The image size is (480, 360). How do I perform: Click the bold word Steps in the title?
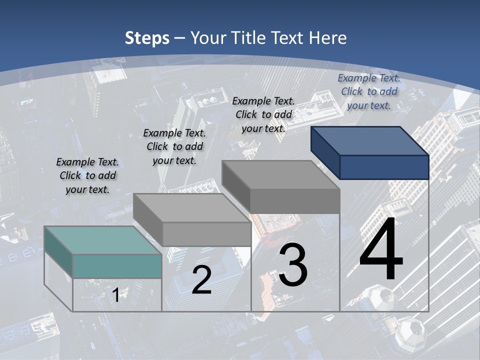[x=147, y=38]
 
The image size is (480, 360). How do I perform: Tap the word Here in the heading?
[x=327, y=38]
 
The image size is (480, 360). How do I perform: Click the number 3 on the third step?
[x=293, y=265]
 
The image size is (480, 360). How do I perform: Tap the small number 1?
[x=115, y=295]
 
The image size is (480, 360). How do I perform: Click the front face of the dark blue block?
[x=384, y=167]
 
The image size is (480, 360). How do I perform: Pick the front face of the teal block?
[x=117, y=266]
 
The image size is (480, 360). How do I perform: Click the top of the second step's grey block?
[x=191, y=208]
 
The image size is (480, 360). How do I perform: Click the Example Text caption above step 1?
[x=87, y=175]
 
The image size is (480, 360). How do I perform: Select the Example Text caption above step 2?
[x=174, y=146]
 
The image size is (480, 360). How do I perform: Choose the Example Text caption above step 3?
[x=263, y=114]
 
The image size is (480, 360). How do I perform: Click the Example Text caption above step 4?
[x=369, y=91]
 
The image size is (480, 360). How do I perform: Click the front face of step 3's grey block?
[x=294, y=201]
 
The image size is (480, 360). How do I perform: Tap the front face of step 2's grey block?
[x=206, y=234]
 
